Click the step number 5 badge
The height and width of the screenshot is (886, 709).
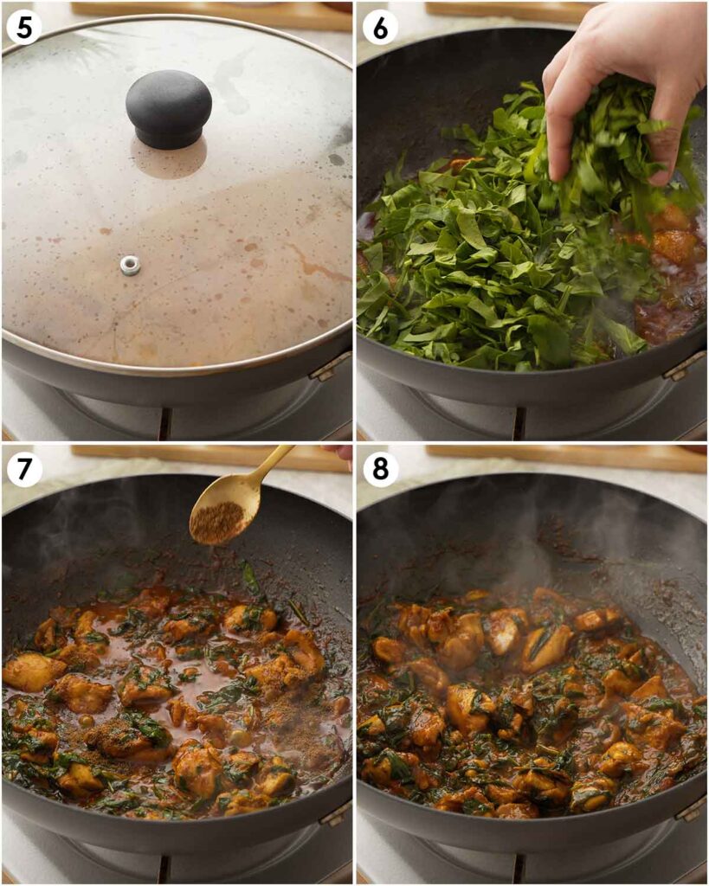click(24, 28)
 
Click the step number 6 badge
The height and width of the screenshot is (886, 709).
click(380, 28)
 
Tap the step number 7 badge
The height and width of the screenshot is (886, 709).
click(24, 469)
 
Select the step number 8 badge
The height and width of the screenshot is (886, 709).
click(380, 469)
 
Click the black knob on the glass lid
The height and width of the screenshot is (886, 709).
click(169, 107)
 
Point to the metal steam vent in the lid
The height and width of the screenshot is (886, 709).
click(130, 265)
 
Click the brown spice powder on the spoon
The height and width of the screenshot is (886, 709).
click(216, 522)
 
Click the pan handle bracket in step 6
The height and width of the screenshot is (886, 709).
click(684, 365)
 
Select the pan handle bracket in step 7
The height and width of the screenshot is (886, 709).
click(333, 813)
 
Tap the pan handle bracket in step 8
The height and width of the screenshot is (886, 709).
click(690, 809)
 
